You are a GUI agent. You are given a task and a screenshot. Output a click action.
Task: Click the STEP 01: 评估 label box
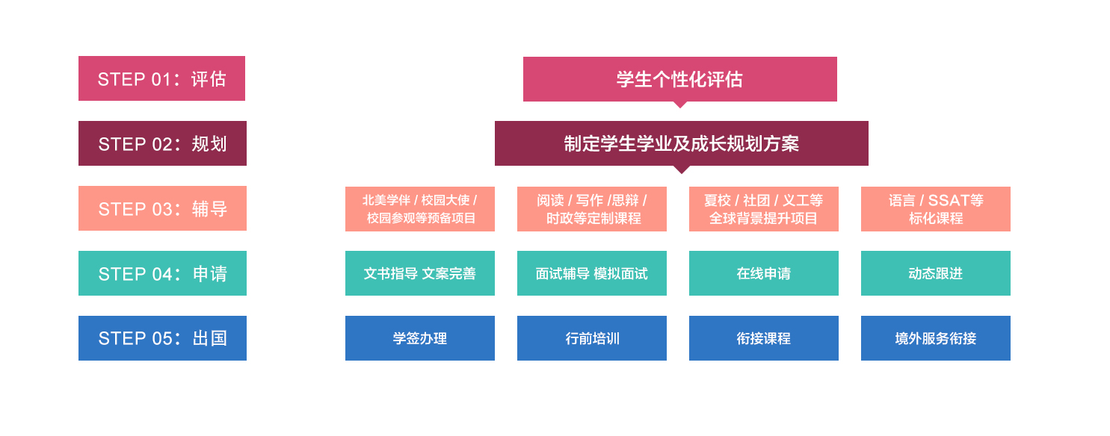tap(161, 78)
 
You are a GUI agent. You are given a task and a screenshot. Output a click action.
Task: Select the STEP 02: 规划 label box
tap(162, 143)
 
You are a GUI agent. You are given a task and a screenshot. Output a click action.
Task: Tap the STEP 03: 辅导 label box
tap(162, 208)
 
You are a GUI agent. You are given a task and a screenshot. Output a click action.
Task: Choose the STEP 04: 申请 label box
tap(162, 273)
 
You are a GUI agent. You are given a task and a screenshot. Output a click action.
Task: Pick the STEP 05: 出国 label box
tap(162, 338)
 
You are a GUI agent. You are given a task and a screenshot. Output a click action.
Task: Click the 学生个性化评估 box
tap(680, 79)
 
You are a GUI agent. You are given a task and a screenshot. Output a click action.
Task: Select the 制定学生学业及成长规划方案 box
tap(682, 143)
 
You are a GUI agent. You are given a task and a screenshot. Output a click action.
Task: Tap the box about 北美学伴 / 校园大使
tap(420, 209)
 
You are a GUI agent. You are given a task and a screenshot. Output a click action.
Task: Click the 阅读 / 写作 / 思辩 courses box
tap(592, 209)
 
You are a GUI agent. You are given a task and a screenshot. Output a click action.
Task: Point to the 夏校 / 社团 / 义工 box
tap(764, 209)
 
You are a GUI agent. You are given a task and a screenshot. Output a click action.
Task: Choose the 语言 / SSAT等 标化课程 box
tap(936, 209)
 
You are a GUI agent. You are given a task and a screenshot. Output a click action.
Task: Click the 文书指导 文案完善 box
tap(420, 273)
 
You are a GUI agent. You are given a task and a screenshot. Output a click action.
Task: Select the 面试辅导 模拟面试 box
tap(592, 273)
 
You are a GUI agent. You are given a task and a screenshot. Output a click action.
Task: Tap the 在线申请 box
tap(764, 273)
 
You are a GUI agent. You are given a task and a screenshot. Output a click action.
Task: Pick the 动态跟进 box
tap(936, 273)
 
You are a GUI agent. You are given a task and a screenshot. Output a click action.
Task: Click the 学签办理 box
tap(420, 338)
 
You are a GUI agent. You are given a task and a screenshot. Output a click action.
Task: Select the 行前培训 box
tap(592, 338)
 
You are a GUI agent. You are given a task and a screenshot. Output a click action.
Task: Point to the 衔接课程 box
tap(764, 338)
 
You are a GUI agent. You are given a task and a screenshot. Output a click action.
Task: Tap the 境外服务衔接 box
tap(936, 338)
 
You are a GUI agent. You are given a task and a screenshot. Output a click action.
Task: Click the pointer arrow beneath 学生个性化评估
tap(680, 105)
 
